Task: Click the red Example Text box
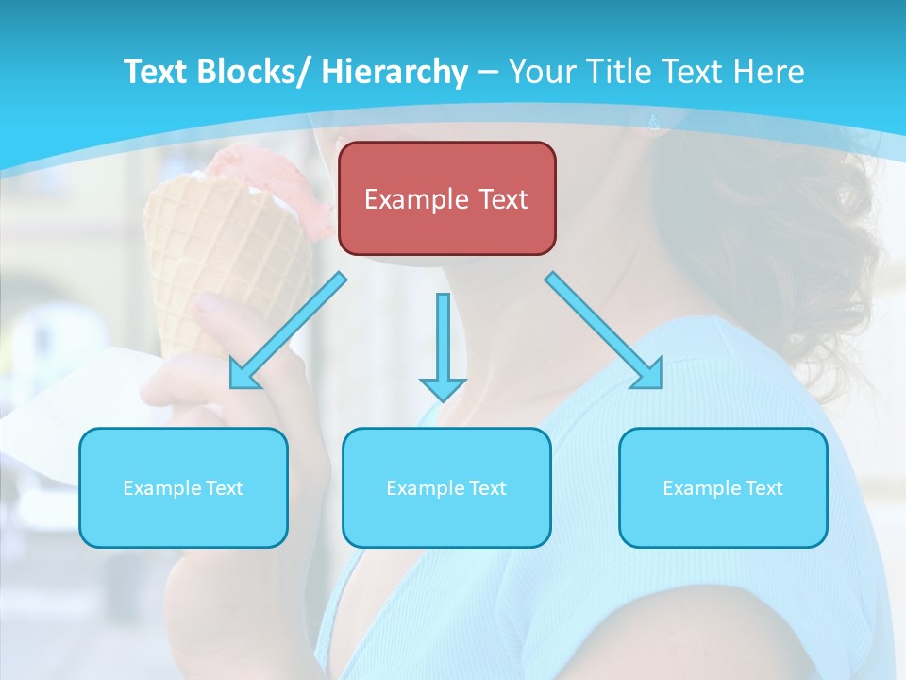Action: coord(446,198)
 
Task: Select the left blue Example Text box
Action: coord(183,487)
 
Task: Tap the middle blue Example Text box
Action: coord(446,487)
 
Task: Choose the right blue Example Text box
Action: coord(723,487)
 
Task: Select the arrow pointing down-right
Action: coord(604,331)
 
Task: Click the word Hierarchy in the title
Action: coord(394,72)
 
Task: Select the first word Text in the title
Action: coord(156,72)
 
